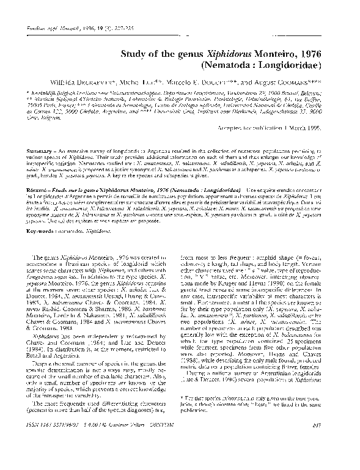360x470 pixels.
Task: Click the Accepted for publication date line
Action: pyautogui.click(x=287, y=128)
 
